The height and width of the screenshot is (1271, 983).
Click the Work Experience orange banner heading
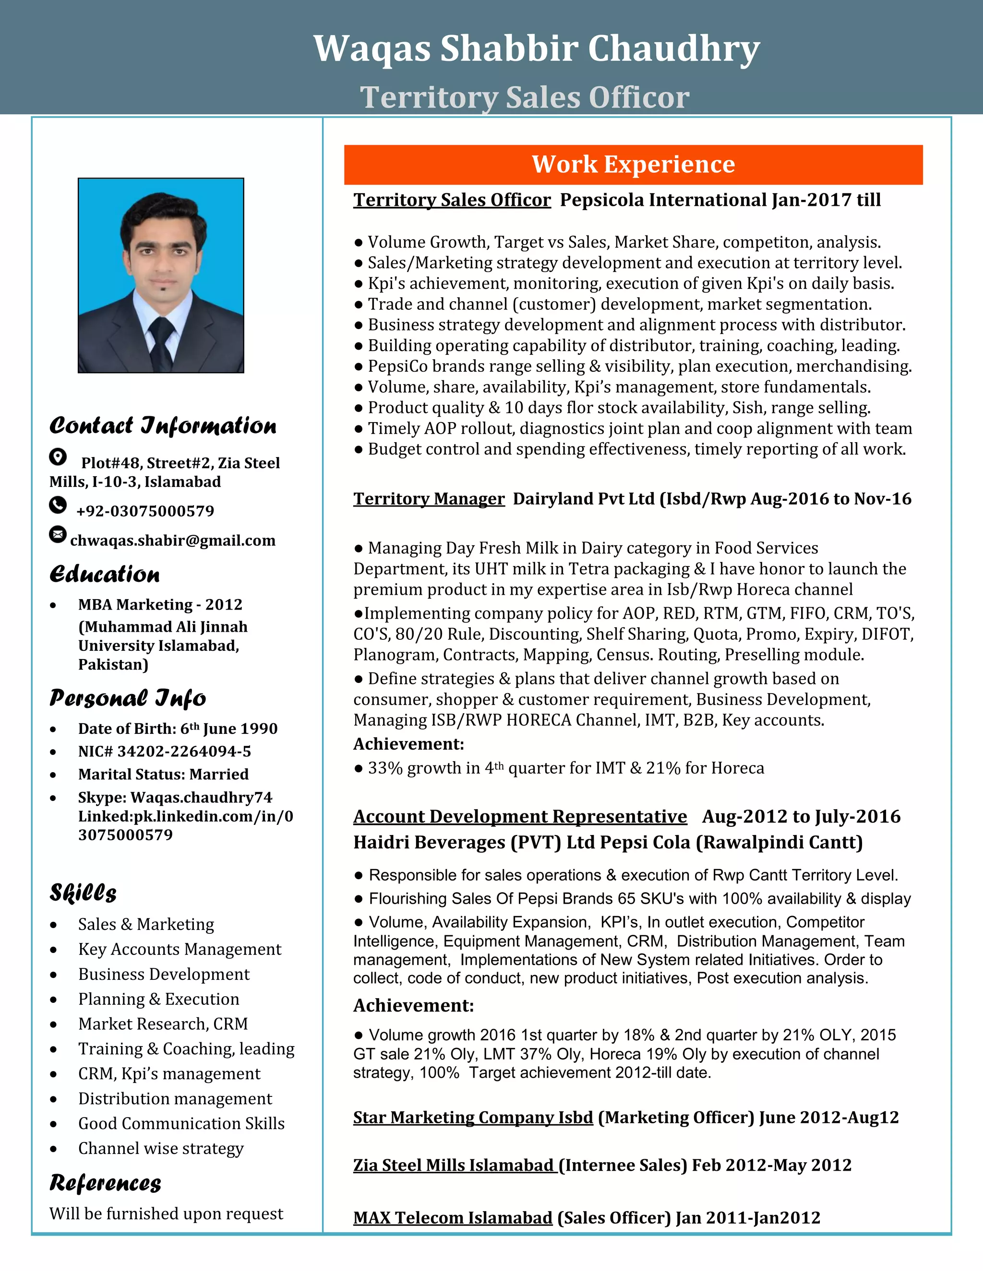pyautogui.click(x=633, y=165)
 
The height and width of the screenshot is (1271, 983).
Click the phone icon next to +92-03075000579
pyautogui.click(x=58, y=505)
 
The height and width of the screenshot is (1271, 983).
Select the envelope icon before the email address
pyautogui.click(x=58, y=534)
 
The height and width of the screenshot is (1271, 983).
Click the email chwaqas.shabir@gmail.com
pyautogui.click(x=172, y=541)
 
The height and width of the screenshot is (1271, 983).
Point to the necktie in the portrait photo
pyautogui.click(x=161, y=341)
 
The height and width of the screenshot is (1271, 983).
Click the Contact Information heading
pyautogui.click(x=163, y=426)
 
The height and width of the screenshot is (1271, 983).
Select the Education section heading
pyautogui.click(x=105, y=574)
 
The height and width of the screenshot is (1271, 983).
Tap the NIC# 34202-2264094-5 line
pyautogui.click(x=164, y=751)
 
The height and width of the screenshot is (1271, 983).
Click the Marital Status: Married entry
pyautogui.click(x=163, y=774)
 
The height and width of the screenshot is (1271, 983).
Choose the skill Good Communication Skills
pyautogui.click(x=181, y=1123)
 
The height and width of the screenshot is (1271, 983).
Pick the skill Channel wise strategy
pyautogui.click(x=161, y=1148)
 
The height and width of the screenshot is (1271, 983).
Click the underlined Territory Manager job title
pyautogui.click(x=429, y=499)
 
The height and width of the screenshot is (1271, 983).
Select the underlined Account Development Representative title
pyautogui.click(x=519, y=816)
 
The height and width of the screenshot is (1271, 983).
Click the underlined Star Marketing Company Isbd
pyautogui.click(x=473, y=1118)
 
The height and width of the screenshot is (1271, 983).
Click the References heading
pyautogui.click(x=106, y=1183)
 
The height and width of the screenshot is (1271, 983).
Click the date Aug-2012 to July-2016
pyautogui.click(x=801, y=816)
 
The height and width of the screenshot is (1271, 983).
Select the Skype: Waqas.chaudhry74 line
pyautogui.click(x=175, y=797)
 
